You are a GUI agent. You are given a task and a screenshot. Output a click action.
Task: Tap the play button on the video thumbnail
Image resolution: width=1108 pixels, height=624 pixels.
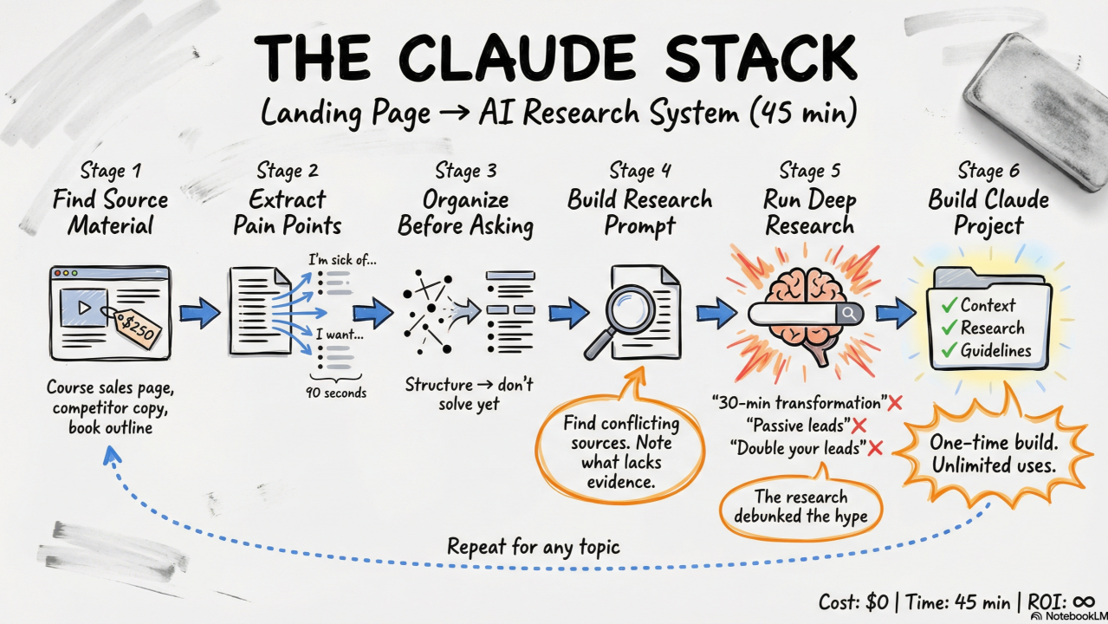coord(84,308)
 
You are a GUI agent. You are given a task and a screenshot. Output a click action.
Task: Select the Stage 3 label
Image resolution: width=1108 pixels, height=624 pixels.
coord(465,171)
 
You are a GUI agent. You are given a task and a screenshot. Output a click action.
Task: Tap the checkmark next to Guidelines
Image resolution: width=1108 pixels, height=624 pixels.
coord(949,351)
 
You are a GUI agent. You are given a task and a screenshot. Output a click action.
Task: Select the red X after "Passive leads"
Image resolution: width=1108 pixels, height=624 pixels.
coord(859,426)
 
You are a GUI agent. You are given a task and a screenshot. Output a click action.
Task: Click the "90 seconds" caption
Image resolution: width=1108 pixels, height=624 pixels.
coord(335,393)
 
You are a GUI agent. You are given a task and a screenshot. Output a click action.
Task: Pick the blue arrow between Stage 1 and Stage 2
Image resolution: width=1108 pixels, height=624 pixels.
coord(199,312)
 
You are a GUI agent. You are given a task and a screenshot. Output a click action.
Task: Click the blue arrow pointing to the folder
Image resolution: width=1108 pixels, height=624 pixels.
coord(894,312)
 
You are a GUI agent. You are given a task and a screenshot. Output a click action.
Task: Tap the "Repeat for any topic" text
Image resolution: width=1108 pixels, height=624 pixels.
coord(534,547)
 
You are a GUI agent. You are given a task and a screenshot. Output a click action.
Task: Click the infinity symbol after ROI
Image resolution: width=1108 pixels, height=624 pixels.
coord(1085,600)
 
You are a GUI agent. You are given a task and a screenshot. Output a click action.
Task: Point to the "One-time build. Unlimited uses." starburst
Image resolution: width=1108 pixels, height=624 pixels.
coord(993,453)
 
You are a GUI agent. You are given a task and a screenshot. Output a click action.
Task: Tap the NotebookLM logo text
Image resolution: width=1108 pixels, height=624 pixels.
coord(1073,616)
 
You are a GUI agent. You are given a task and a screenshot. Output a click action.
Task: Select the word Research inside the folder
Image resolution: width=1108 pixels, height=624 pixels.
coord(992,328)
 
